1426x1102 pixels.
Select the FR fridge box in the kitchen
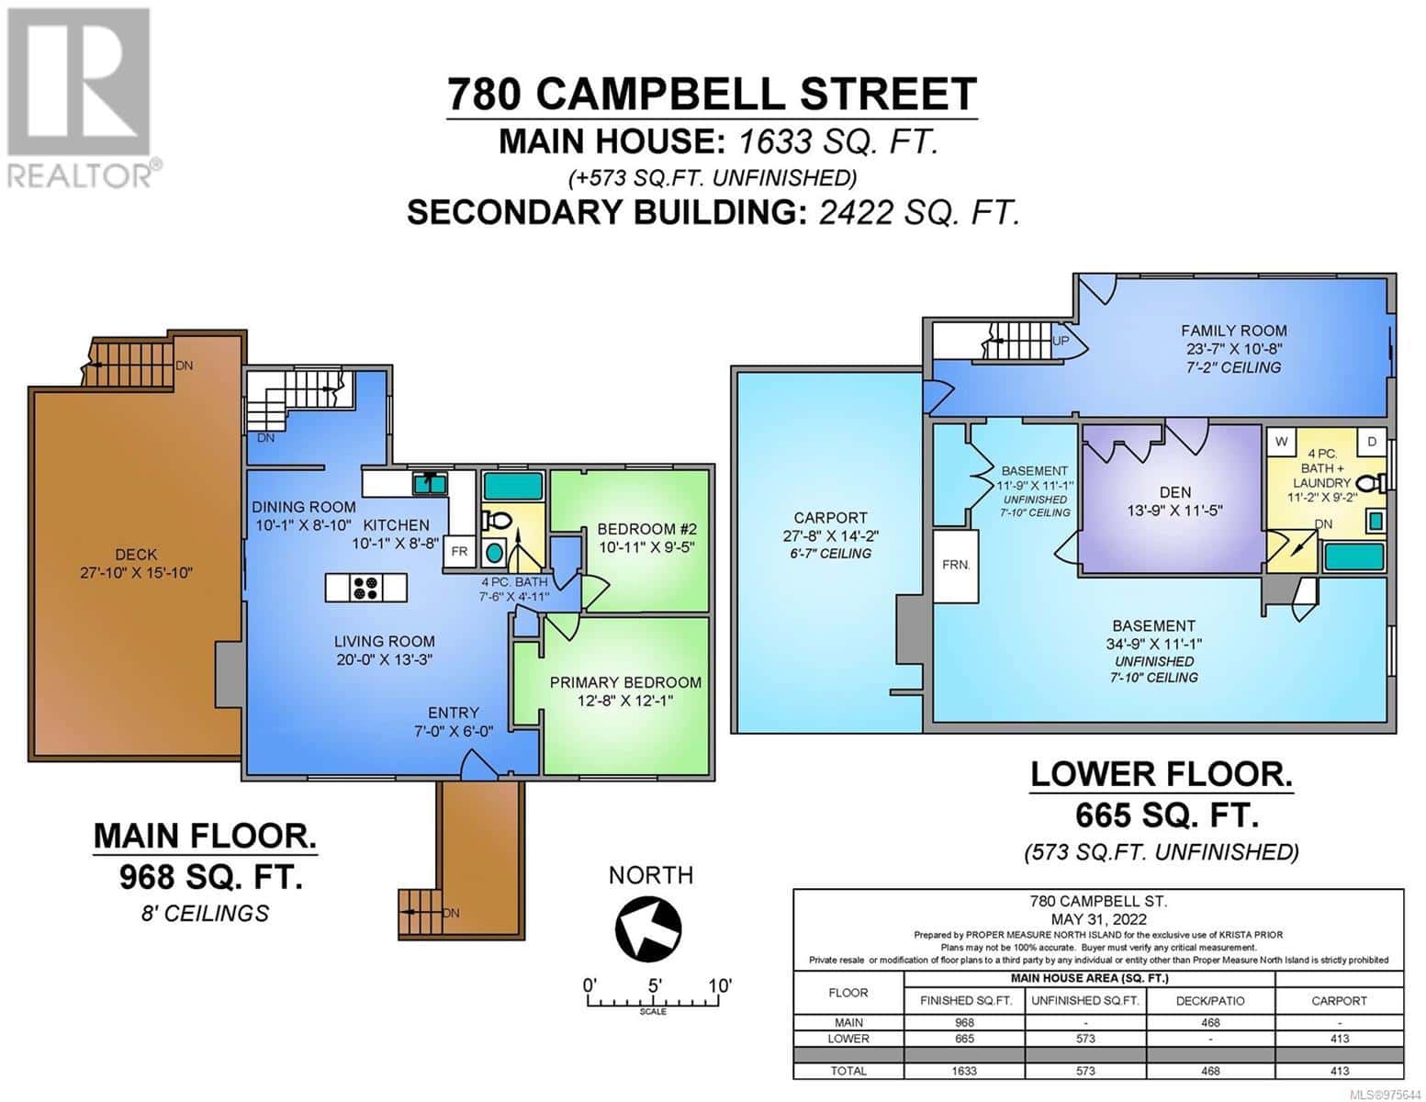(459, 552)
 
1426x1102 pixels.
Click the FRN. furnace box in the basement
(956, 565)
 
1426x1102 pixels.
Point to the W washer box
(1281, 442)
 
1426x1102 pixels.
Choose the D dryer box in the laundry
(1372, 442)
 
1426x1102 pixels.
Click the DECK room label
(136, 554)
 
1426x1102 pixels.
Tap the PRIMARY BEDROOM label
(625, 682)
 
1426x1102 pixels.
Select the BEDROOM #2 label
(646, 529)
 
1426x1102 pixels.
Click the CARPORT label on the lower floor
(830, 518)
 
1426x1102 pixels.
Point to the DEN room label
(1174, 492)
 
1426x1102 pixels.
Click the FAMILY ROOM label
(1233, 331)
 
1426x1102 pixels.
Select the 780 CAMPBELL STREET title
(712, 95)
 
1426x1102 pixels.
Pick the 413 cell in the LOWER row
(1339, 1039)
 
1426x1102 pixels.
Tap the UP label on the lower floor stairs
(1061, 341)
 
